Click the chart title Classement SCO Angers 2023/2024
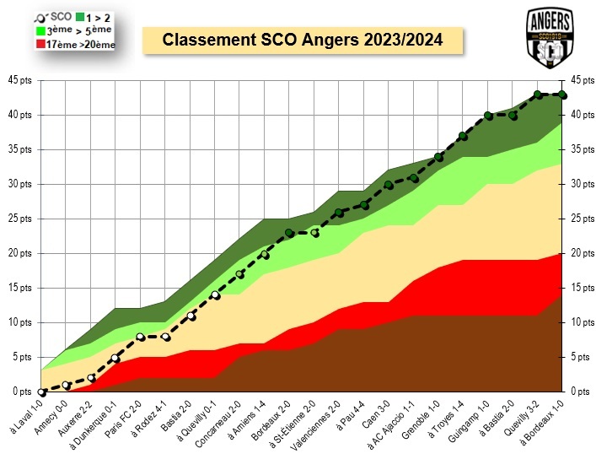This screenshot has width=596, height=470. click(303, 40)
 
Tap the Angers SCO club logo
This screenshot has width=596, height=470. click(550, 38)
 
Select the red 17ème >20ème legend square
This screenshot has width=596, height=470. click(40, 44)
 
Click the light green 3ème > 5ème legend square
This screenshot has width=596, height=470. click(40, 30)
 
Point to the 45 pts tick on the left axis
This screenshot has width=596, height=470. click(18, 80)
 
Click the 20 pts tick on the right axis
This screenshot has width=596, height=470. click(581, 253)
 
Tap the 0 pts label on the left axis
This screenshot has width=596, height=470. click(21, 392)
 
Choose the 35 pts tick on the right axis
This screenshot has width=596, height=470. click(581, 149)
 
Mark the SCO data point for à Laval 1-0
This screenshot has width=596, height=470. click(42, 392)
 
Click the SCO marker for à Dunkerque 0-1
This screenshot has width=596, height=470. click(116, 358)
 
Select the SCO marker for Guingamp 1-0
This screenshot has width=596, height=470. click(488, 115)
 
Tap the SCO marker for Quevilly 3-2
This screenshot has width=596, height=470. click(538, 95)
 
